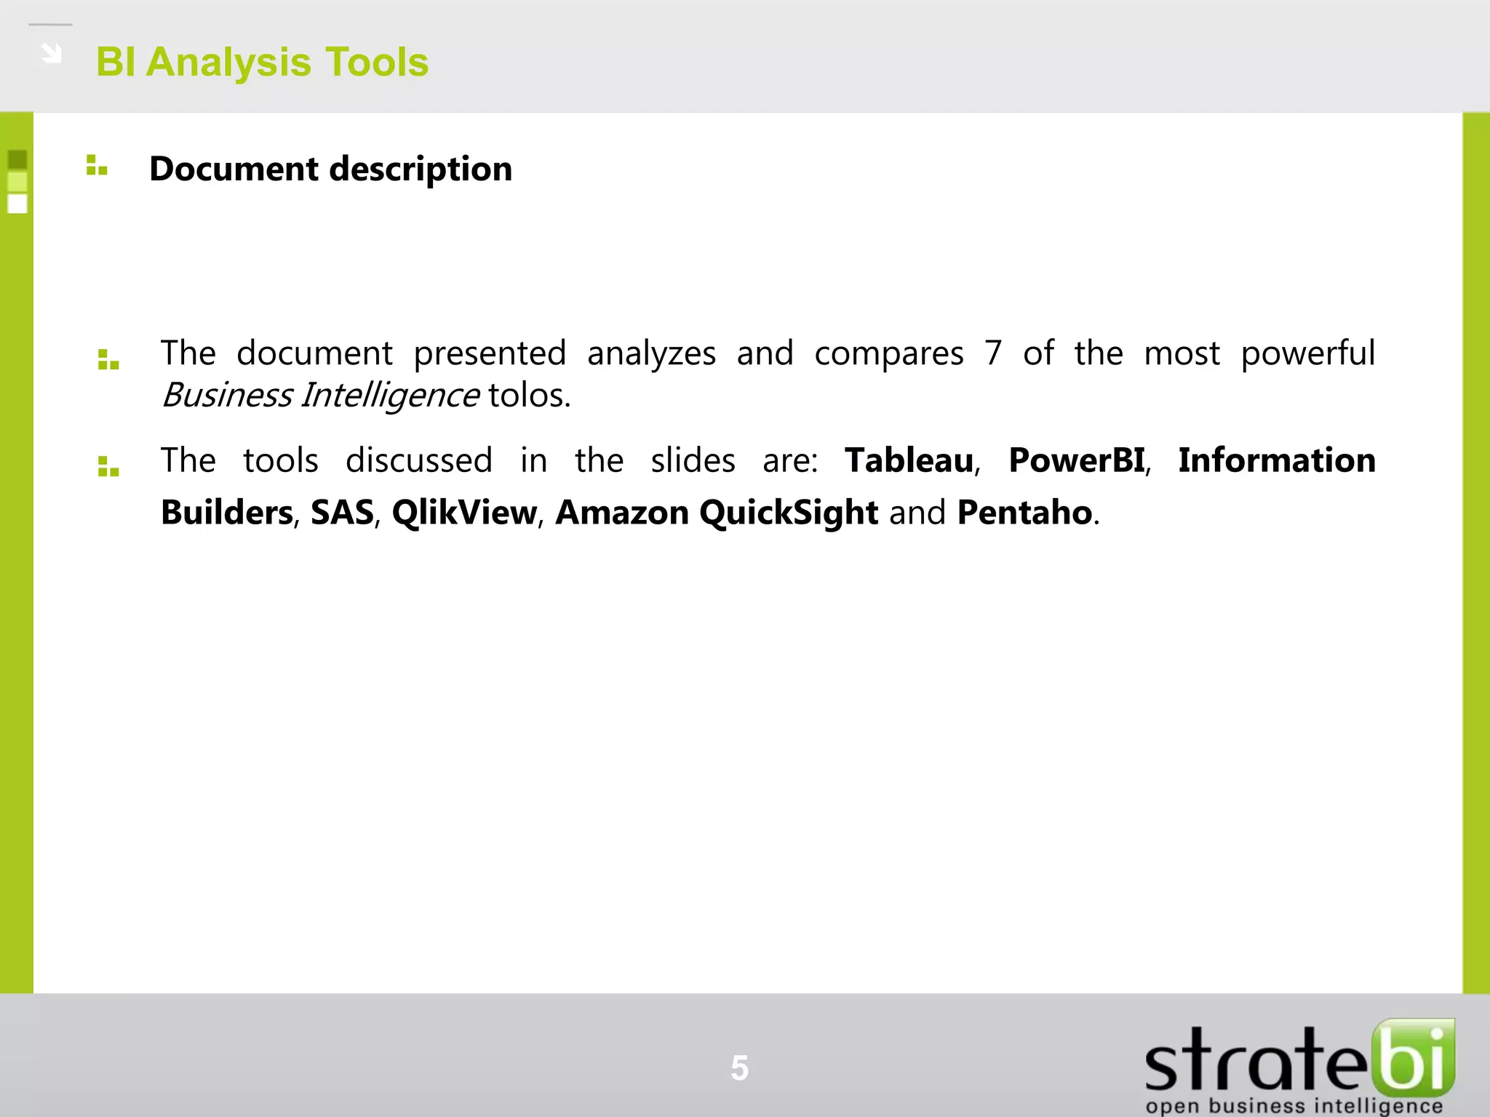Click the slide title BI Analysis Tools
coord(262,63)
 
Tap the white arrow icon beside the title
coord(51,53)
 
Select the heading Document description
coord(330,169)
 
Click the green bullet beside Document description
coord(96,166)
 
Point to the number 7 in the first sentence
coord(993,353)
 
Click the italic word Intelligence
coord(390,396)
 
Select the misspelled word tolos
coord(529,396)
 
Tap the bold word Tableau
coord(909,460)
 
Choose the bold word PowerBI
coord(1077,460)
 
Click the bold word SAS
coord(342,513)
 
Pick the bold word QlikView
coord(464,513)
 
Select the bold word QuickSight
coord(789,513)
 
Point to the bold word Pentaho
coord(1024,513)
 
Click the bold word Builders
coord(227,513)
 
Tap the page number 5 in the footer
coord(739,1068)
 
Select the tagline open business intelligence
coord(1294,1106)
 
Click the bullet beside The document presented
coord(108,360)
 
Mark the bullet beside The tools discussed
coord(108,467)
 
